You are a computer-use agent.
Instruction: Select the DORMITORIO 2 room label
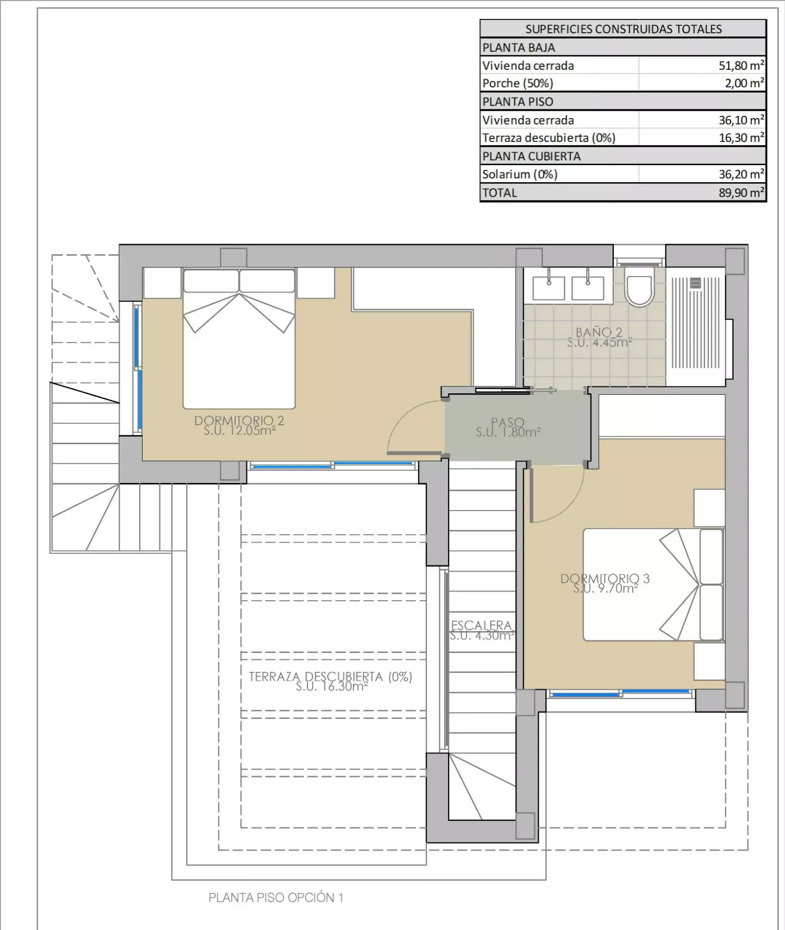(239, 421)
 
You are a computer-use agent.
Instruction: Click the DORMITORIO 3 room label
(605, 578)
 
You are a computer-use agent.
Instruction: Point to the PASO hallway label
(508, 422)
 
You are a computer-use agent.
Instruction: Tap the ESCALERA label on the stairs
(481, 625)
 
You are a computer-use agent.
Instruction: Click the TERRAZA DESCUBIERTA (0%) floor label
(331, 677)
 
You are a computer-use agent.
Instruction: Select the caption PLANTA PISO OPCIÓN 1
(276, 898)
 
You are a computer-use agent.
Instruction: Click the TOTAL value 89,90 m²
(741, 192)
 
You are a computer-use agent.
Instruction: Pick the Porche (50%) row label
(517, 83)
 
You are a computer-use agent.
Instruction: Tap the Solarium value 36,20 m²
(741, 174)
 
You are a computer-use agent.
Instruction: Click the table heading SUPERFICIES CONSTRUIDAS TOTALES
(624, 29)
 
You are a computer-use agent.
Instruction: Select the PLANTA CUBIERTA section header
(531, 156)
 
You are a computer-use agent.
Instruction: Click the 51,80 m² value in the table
(741, 65)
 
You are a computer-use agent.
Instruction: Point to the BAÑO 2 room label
(599, 332)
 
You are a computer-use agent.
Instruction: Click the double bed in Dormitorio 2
(239, 339)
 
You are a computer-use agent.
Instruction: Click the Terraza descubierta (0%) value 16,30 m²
(741, 138)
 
